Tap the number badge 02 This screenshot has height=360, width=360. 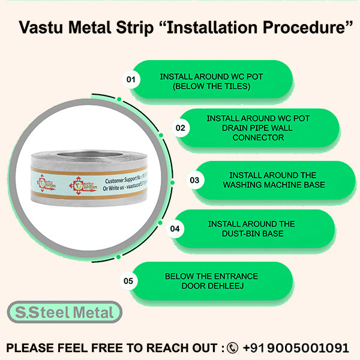pyautogui.click(x=180, y=128)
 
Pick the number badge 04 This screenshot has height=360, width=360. pyautogui.click(x=175, y=229)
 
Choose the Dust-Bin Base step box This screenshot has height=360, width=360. pyautogui.click(x=251, y=229)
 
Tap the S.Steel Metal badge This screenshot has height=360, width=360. pyautogui.click(x=64, y=313)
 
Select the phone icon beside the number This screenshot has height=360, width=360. pyautogui.click(x=233, y=347)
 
